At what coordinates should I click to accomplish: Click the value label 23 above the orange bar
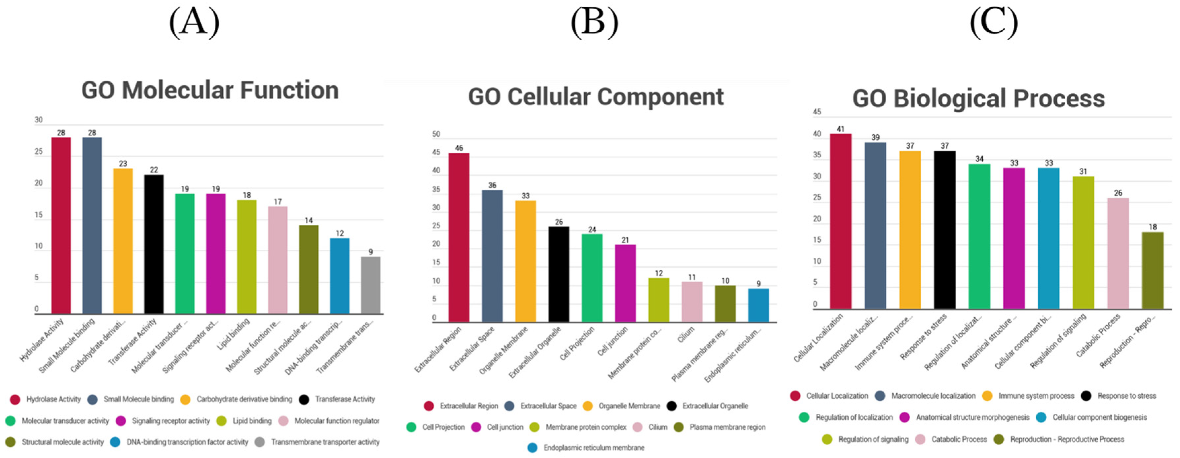pyautogui.click(x=123, y=164)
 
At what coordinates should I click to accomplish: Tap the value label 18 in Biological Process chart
pyautogui.click(x=1153, y=227)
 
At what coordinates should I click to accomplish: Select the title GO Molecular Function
pyautogui.click(x=210, y=90)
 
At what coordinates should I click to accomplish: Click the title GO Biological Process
pyautogui.click(x=978, y=98)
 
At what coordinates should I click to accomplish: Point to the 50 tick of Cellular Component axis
pyautogui.click(x=436, y=134)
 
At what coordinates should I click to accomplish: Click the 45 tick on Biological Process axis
pyautogui.click(x=817, y=112)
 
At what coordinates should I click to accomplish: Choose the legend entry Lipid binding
pyautogui.click(x=251, y=420)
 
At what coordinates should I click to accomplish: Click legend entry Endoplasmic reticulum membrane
pyautogui.click(x=593, y=447)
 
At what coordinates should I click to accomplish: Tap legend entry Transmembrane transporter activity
pyautogui.click(x=325, y=442)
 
